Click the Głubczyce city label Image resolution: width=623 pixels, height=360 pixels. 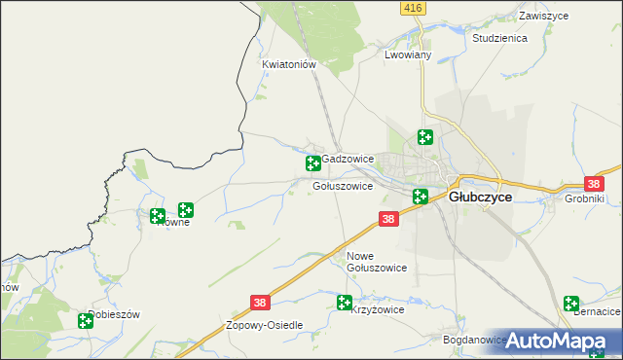click(480, 196)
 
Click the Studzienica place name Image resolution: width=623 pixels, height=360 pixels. click(499, 38)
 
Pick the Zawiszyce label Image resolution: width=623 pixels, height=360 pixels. click(543, 17)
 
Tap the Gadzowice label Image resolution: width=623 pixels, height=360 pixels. click(348, 158)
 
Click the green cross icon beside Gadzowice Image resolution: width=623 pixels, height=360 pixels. click(313, 162)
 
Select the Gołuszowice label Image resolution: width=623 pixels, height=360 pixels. click(343, 185)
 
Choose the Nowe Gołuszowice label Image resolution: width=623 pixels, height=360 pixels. click(376, 262)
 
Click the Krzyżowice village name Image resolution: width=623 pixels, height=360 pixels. click(377, 309)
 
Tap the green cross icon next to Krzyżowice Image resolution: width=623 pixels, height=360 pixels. click(345, 303)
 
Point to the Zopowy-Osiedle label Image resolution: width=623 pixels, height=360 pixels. click(265, 325)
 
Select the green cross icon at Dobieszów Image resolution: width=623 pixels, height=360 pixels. click(86, 320)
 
